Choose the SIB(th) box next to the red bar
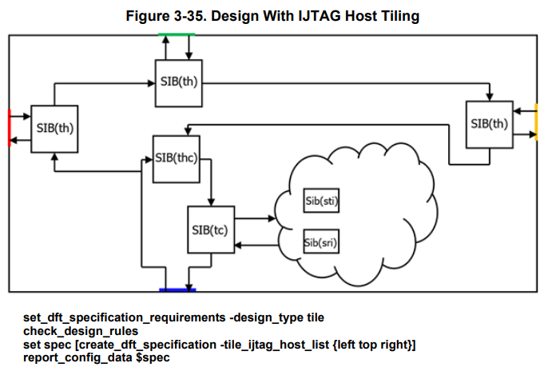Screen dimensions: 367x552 tap(54, 128)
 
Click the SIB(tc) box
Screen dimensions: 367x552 tap(210, 230)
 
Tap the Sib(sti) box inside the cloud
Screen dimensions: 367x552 tap(323, 201)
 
